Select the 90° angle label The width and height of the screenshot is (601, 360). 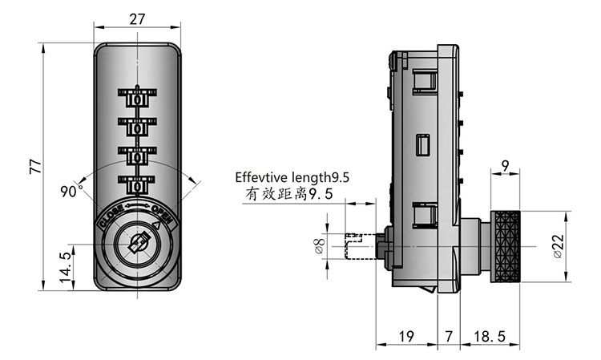point(71,191)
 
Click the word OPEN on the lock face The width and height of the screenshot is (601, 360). point(163,215)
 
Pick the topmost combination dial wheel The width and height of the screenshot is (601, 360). point(137,99)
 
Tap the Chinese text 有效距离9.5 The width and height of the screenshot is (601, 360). point(286,196)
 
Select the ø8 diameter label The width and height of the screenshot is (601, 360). point(320,246)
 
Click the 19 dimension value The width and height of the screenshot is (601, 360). point(408,338)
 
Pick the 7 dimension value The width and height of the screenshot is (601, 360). point(450,338)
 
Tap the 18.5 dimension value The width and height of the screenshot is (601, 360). point(490,338)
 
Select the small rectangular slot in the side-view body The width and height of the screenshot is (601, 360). point(422,145)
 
